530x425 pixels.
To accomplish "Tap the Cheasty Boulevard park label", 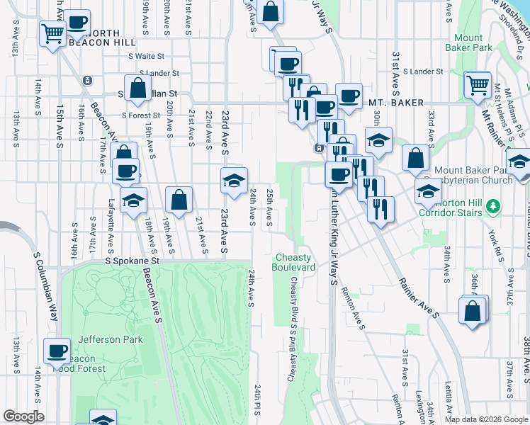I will (x=293, y=262).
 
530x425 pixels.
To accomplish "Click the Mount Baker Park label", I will (x=473, y=42).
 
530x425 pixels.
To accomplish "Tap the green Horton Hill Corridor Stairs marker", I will (x=495, y=208).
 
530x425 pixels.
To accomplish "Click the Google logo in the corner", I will (x=23, y=416).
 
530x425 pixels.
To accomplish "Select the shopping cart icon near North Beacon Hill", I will (x=53, y=33).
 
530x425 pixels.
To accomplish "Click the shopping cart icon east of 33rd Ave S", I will (x=478, y=85).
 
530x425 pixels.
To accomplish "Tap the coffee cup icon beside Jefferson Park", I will (x=57, y=350).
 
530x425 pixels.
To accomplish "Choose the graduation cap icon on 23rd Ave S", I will (x=234, y=181).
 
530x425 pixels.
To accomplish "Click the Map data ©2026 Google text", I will (x=486, y=419).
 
